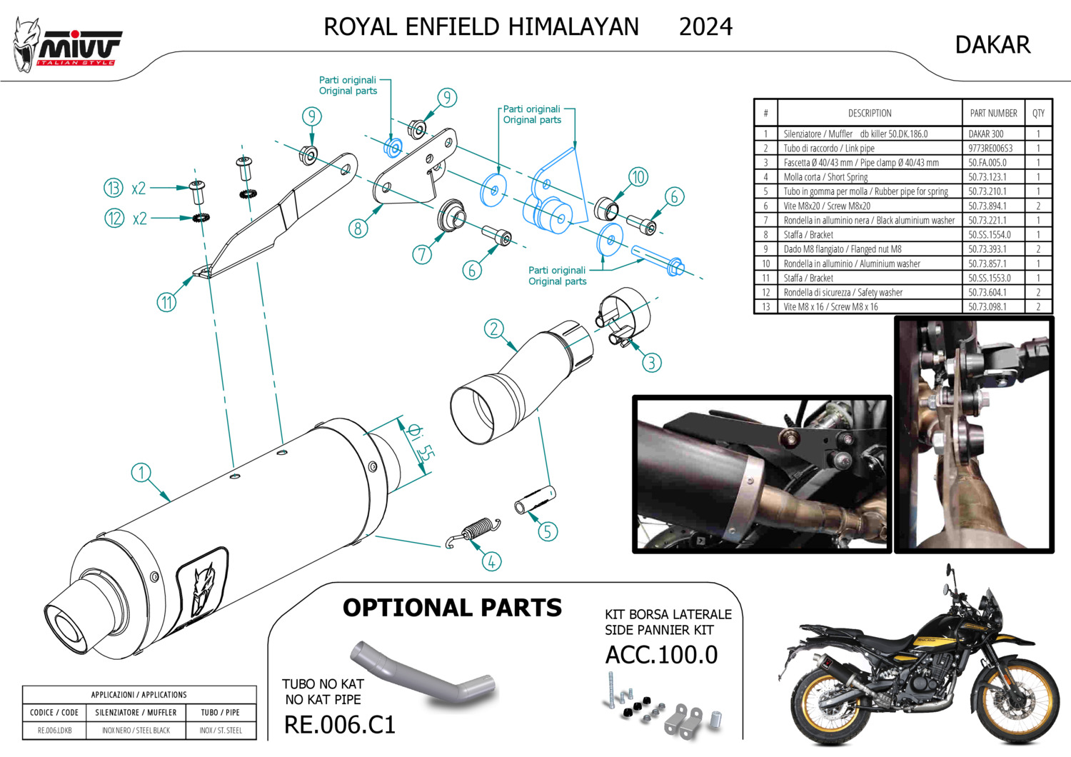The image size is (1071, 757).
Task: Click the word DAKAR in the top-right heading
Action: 992,45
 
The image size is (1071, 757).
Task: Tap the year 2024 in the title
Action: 705,27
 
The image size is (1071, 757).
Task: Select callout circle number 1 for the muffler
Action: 141,472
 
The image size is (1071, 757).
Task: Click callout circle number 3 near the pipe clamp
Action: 651,363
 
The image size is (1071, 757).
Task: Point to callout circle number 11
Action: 166,302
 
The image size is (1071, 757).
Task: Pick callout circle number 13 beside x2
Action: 114,188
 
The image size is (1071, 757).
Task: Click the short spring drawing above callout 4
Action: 474,532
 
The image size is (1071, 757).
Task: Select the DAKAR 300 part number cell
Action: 985,134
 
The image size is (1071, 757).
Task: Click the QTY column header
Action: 1038,113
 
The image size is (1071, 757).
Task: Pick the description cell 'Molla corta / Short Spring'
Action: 825,177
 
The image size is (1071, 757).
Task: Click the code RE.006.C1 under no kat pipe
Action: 340,725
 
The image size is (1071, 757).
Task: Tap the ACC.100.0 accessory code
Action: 661,655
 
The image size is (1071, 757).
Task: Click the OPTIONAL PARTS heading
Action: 452,608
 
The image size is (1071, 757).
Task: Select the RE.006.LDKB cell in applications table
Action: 54,731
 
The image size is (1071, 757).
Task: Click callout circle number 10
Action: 638,176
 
